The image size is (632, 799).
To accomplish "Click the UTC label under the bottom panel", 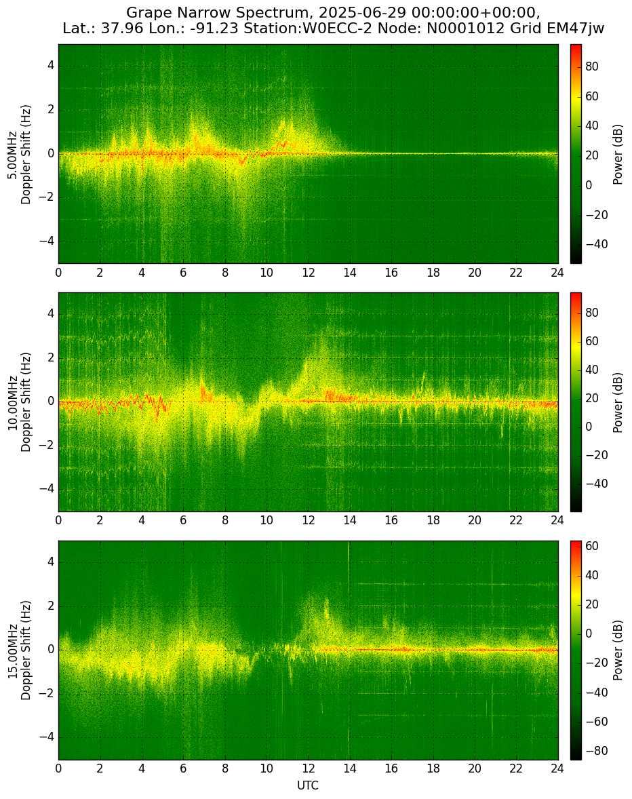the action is coord(308,785).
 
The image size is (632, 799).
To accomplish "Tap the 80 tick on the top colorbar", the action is coord(592,66).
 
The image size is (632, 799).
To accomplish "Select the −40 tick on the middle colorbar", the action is coord(594,484).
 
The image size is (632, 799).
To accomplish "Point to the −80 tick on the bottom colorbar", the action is coord(594,751).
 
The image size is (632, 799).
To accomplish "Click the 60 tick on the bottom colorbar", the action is coord(592,546).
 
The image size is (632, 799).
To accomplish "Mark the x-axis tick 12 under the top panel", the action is coord(308,273).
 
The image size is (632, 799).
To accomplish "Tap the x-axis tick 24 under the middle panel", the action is coord(557,520).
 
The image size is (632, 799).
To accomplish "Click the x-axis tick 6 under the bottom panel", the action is coord(183,768).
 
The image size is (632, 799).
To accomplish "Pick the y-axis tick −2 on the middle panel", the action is coord(47,446).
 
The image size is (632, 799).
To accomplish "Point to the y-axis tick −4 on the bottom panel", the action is coord(47,737).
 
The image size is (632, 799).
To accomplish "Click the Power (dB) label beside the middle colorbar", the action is coord(618,403).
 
